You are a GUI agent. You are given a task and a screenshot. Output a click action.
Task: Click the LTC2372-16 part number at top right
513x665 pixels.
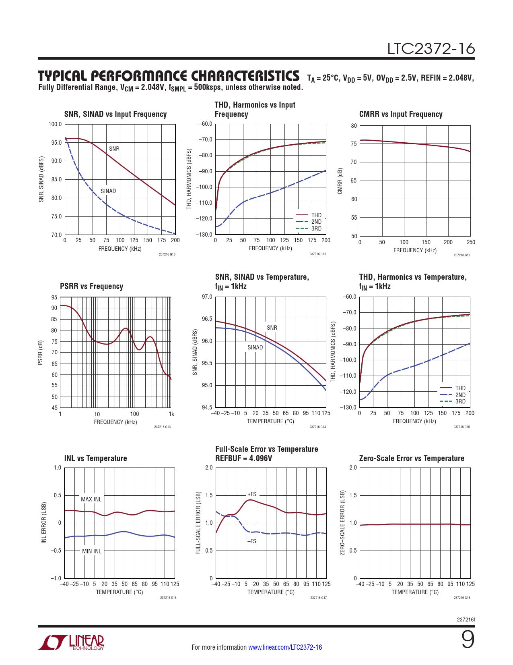[x=431, y=49]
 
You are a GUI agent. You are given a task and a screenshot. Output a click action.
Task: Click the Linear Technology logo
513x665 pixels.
[x=71, y=642]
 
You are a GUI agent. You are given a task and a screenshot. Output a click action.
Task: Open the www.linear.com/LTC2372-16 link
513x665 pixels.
[x=285, y=647]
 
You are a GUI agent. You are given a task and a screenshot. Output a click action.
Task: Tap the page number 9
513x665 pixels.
[x=468, y=640]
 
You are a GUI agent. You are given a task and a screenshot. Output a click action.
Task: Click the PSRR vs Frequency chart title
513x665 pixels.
[x=91, y=286]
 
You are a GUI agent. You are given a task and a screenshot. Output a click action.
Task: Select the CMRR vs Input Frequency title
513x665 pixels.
[x=400, y=114]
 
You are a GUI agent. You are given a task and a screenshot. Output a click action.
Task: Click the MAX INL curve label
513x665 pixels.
[x=91, y=499]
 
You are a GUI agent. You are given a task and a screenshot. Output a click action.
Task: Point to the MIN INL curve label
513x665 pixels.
[x=92, y=551]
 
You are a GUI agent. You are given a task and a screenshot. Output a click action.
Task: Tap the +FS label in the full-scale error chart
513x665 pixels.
[x=252, y=494]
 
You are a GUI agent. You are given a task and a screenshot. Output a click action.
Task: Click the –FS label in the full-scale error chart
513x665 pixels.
[x=251, y=541]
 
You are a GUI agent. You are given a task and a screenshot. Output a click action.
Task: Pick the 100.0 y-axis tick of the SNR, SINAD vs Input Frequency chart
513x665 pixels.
[x=55, y=124]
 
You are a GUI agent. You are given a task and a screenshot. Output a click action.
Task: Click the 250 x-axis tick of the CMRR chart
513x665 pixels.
[x=471, y=242]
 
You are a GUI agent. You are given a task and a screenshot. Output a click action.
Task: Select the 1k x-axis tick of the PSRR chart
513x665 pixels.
[x=171, y=414]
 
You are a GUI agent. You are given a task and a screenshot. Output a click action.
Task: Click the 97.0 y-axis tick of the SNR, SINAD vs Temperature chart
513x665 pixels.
[x=207, y=297]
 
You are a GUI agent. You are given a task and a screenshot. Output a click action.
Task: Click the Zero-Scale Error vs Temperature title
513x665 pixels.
[x=411, y=458]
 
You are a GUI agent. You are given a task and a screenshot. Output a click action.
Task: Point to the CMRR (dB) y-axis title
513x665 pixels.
[x=340, y=181]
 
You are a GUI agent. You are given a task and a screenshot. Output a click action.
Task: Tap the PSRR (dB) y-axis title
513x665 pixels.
[x=40, y=353]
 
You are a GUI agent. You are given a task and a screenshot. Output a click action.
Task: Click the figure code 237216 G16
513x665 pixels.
[x=168, y=598]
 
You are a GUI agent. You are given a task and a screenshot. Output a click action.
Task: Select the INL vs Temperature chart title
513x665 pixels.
[x=95, y=458]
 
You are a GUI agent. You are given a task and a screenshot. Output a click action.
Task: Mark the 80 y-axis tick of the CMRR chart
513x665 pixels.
[x=354, y=126]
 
